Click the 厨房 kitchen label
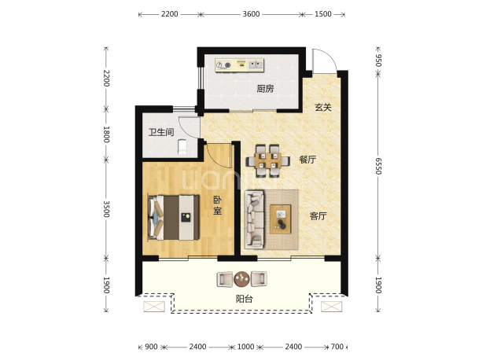pos(265,89)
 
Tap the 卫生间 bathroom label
pos(161,132)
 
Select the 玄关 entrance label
pos(323,108)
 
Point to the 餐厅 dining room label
pos(307,160)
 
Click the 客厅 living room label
pos(318,216)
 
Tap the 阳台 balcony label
pos(245,299)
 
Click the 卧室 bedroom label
pos(217,205)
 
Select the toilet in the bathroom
pos(182,146)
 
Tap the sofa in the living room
pos(254,219)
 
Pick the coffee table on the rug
pos(281,219)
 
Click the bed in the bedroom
pos(174,218)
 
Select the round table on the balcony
pos(241,279)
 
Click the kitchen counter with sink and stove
pos(240,65)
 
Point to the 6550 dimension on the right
pos(378,166)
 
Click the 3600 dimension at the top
pos(251,14)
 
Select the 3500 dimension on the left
pos(106,209)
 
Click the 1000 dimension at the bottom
pos(246,347)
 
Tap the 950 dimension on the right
pos(378,61)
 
